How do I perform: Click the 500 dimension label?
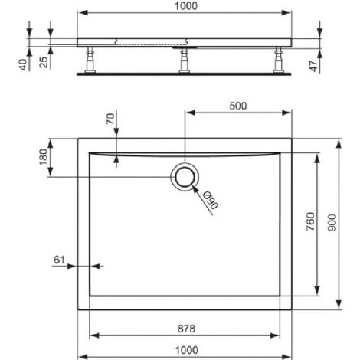click(237, 106)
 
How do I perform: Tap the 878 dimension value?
click(186, 329)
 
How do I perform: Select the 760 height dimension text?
click(311, 221)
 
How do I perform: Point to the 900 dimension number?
click(332, 223)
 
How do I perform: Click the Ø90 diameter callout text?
click(210, 201)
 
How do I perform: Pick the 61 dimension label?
click(60, 260)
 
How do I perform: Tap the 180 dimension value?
click(44, 157)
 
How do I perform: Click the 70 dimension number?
click(110, 119)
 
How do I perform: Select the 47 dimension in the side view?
click(313, 66)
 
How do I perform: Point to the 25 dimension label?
click(44, 62)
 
